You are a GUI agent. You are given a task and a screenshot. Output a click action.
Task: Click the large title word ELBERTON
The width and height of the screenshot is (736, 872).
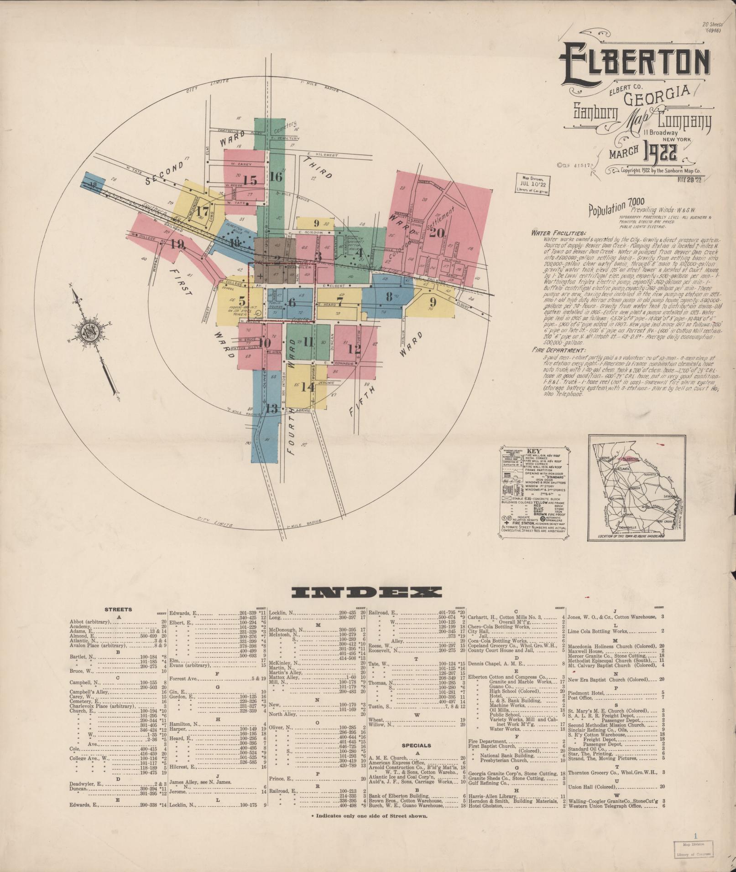tap(634, 65)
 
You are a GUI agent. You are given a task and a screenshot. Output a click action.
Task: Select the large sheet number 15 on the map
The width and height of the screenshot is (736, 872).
tap(250, 180)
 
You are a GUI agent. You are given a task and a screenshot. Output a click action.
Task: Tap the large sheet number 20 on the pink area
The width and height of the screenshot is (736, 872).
tap(437, 233)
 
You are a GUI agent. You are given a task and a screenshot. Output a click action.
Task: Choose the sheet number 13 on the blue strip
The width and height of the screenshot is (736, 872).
tap(271, 408)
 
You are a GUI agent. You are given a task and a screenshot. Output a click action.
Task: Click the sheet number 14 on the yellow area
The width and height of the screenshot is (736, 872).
tap(308, 387)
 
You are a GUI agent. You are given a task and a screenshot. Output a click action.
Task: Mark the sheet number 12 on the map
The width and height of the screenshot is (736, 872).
tap(354, 349)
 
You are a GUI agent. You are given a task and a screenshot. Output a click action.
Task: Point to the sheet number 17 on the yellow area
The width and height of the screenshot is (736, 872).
tap(203, 212)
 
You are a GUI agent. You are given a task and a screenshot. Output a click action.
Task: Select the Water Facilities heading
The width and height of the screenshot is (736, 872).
tap(553, 232)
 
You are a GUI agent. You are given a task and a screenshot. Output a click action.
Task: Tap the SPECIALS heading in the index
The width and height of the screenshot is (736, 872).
tap(416, 745)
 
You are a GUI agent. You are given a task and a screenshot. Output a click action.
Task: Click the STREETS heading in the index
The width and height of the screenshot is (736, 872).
tap(118, 609)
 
